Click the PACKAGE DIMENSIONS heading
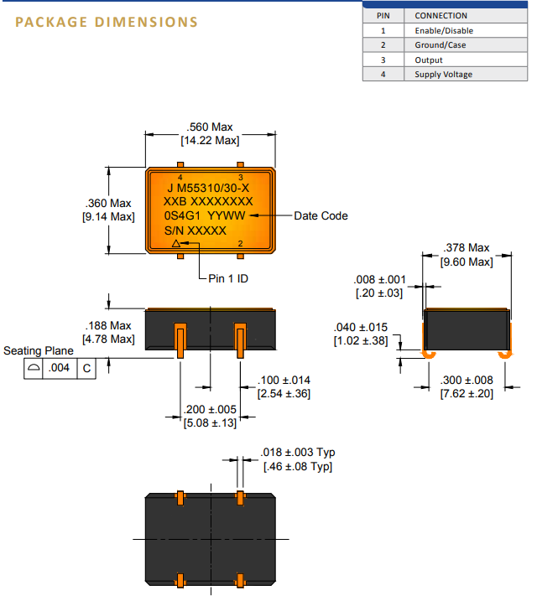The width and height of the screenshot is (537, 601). pyautogui.click(x=106, y=22)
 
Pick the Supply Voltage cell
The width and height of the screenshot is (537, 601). pyautogui.click(x=443, y=75)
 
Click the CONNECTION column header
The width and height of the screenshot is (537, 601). pyautogui.click(x=441, y=16)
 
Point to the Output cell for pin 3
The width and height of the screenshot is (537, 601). pyautogui.click(x=429, y=60)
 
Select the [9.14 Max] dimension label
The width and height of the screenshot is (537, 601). pyautogui.click(x=108, y=216)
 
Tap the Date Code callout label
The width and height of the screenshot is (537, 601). pyautogui.click(x=321, y=215)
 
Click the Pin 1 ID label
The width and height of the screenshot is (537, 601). pyautogui.click(x=228, y=278)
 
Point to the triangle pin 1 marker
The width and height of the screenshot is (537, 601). pyautogui.click(x=175, y=244)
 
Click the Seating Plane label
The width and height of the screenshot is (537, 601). pyautogui.click(x=39, y=350)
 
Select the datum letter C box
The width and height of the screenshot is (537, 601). pyautogui.click(x=87, y=368)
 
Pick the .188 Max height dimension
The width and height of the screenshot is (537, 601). pyautogui.click(x=108, y=325)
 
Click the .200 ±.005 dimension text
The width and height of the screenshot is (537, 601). pyautogui.click(x=210, y=410)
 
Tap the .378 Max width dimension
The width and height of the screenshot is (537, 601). pyautogui.click(x=467, y=248)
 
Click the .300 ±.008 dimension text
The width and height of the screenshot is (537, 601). pyautogui.click(x=467, y=381)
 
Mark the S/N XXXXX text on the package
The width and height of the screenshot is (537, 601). pyautogui.click(x=196, y=230)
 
